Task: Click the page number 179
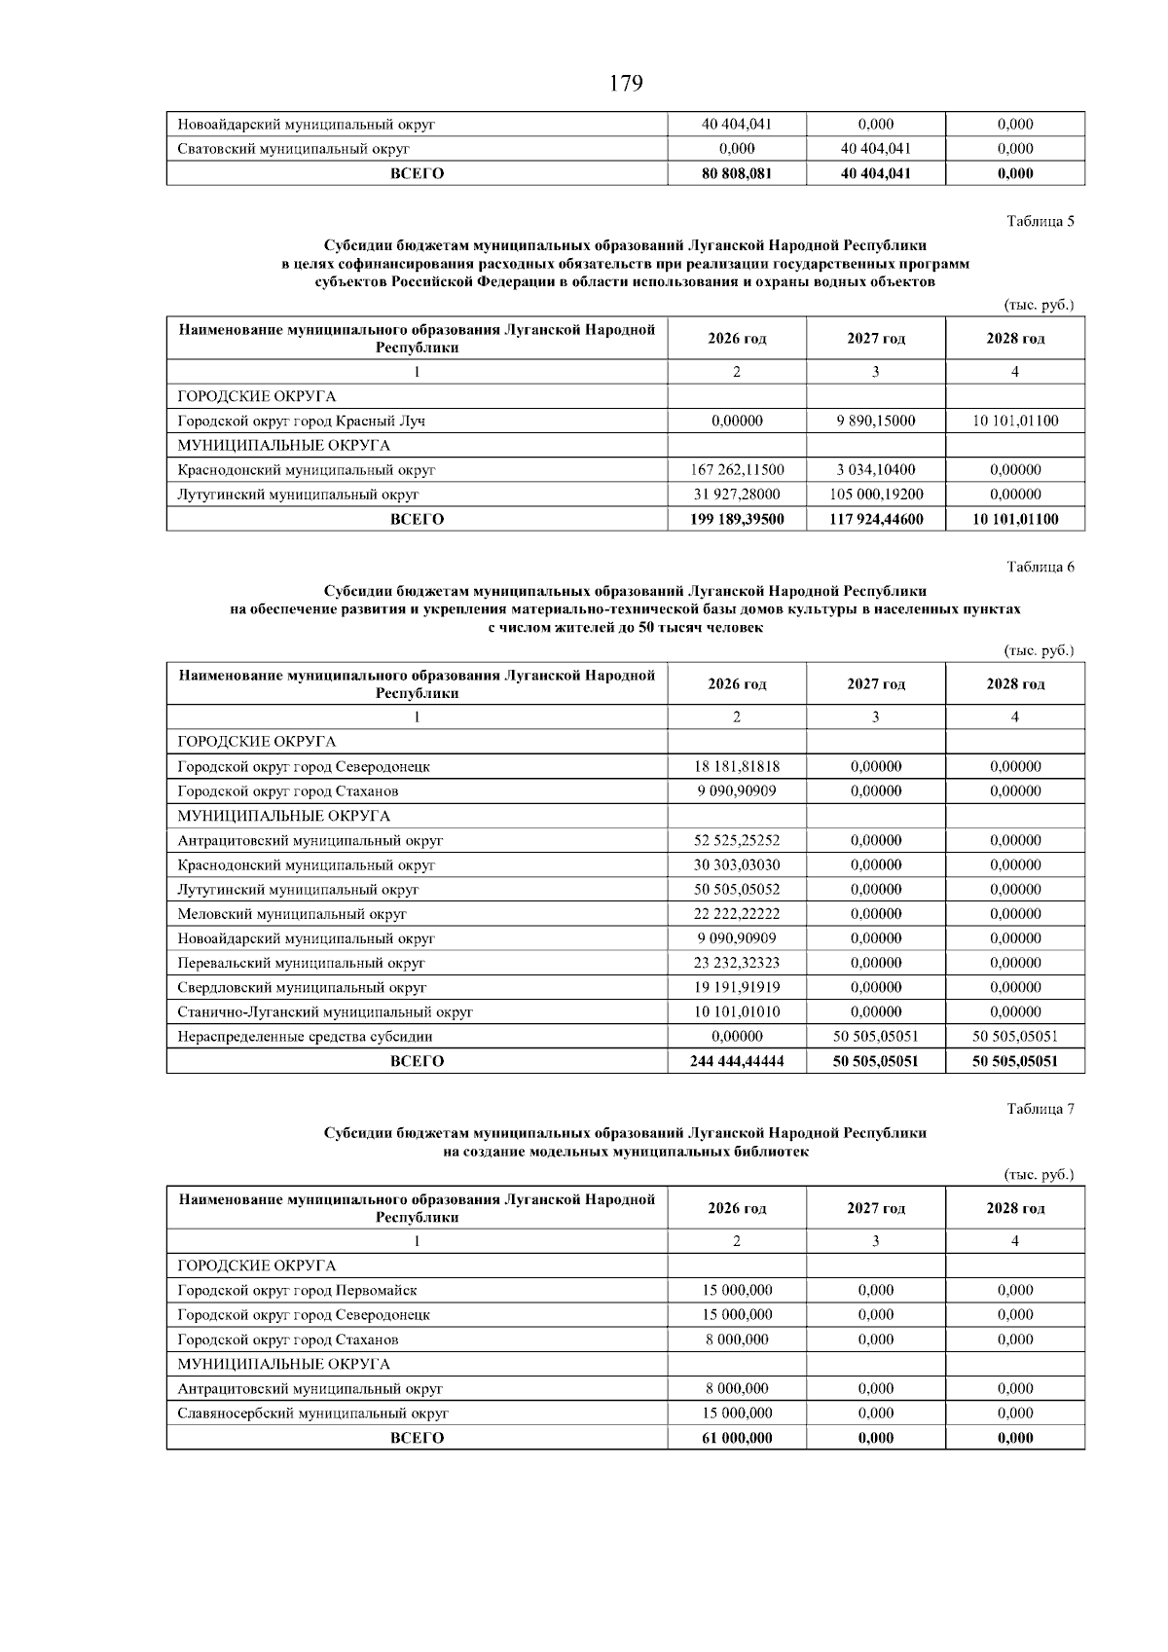point(626,85)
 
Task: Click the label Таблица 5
point(1040,221)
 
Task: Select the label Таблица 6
point(1040,567)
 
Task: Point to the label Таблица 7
point(1040,1109)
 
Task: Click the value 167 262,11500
point(737,470)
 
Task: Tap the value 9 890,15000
point(876,422)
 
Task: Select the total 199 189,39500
point(737,519)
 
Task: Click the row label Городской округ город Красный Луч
point(301,422)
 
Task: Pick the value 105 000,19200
point(876,495)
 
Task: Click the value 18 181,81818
point(737,766)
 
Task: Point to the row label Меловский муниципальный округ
point(292,914)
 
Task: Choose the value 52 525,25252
point(737,840)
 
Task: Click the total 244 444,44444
point(737,1061)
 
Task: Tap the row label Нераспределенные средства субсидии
point(305,1037)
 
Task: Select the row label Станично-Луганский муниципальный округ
point(325,1012)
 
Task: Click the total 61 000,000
point(737,1438)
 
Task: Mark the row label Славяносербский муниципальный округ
point(312,1413)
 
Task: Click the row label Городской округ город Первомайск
point(297,1291)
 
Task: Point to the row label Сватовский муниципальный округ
point(293,149)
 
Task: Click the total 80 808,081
point(737,173)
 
